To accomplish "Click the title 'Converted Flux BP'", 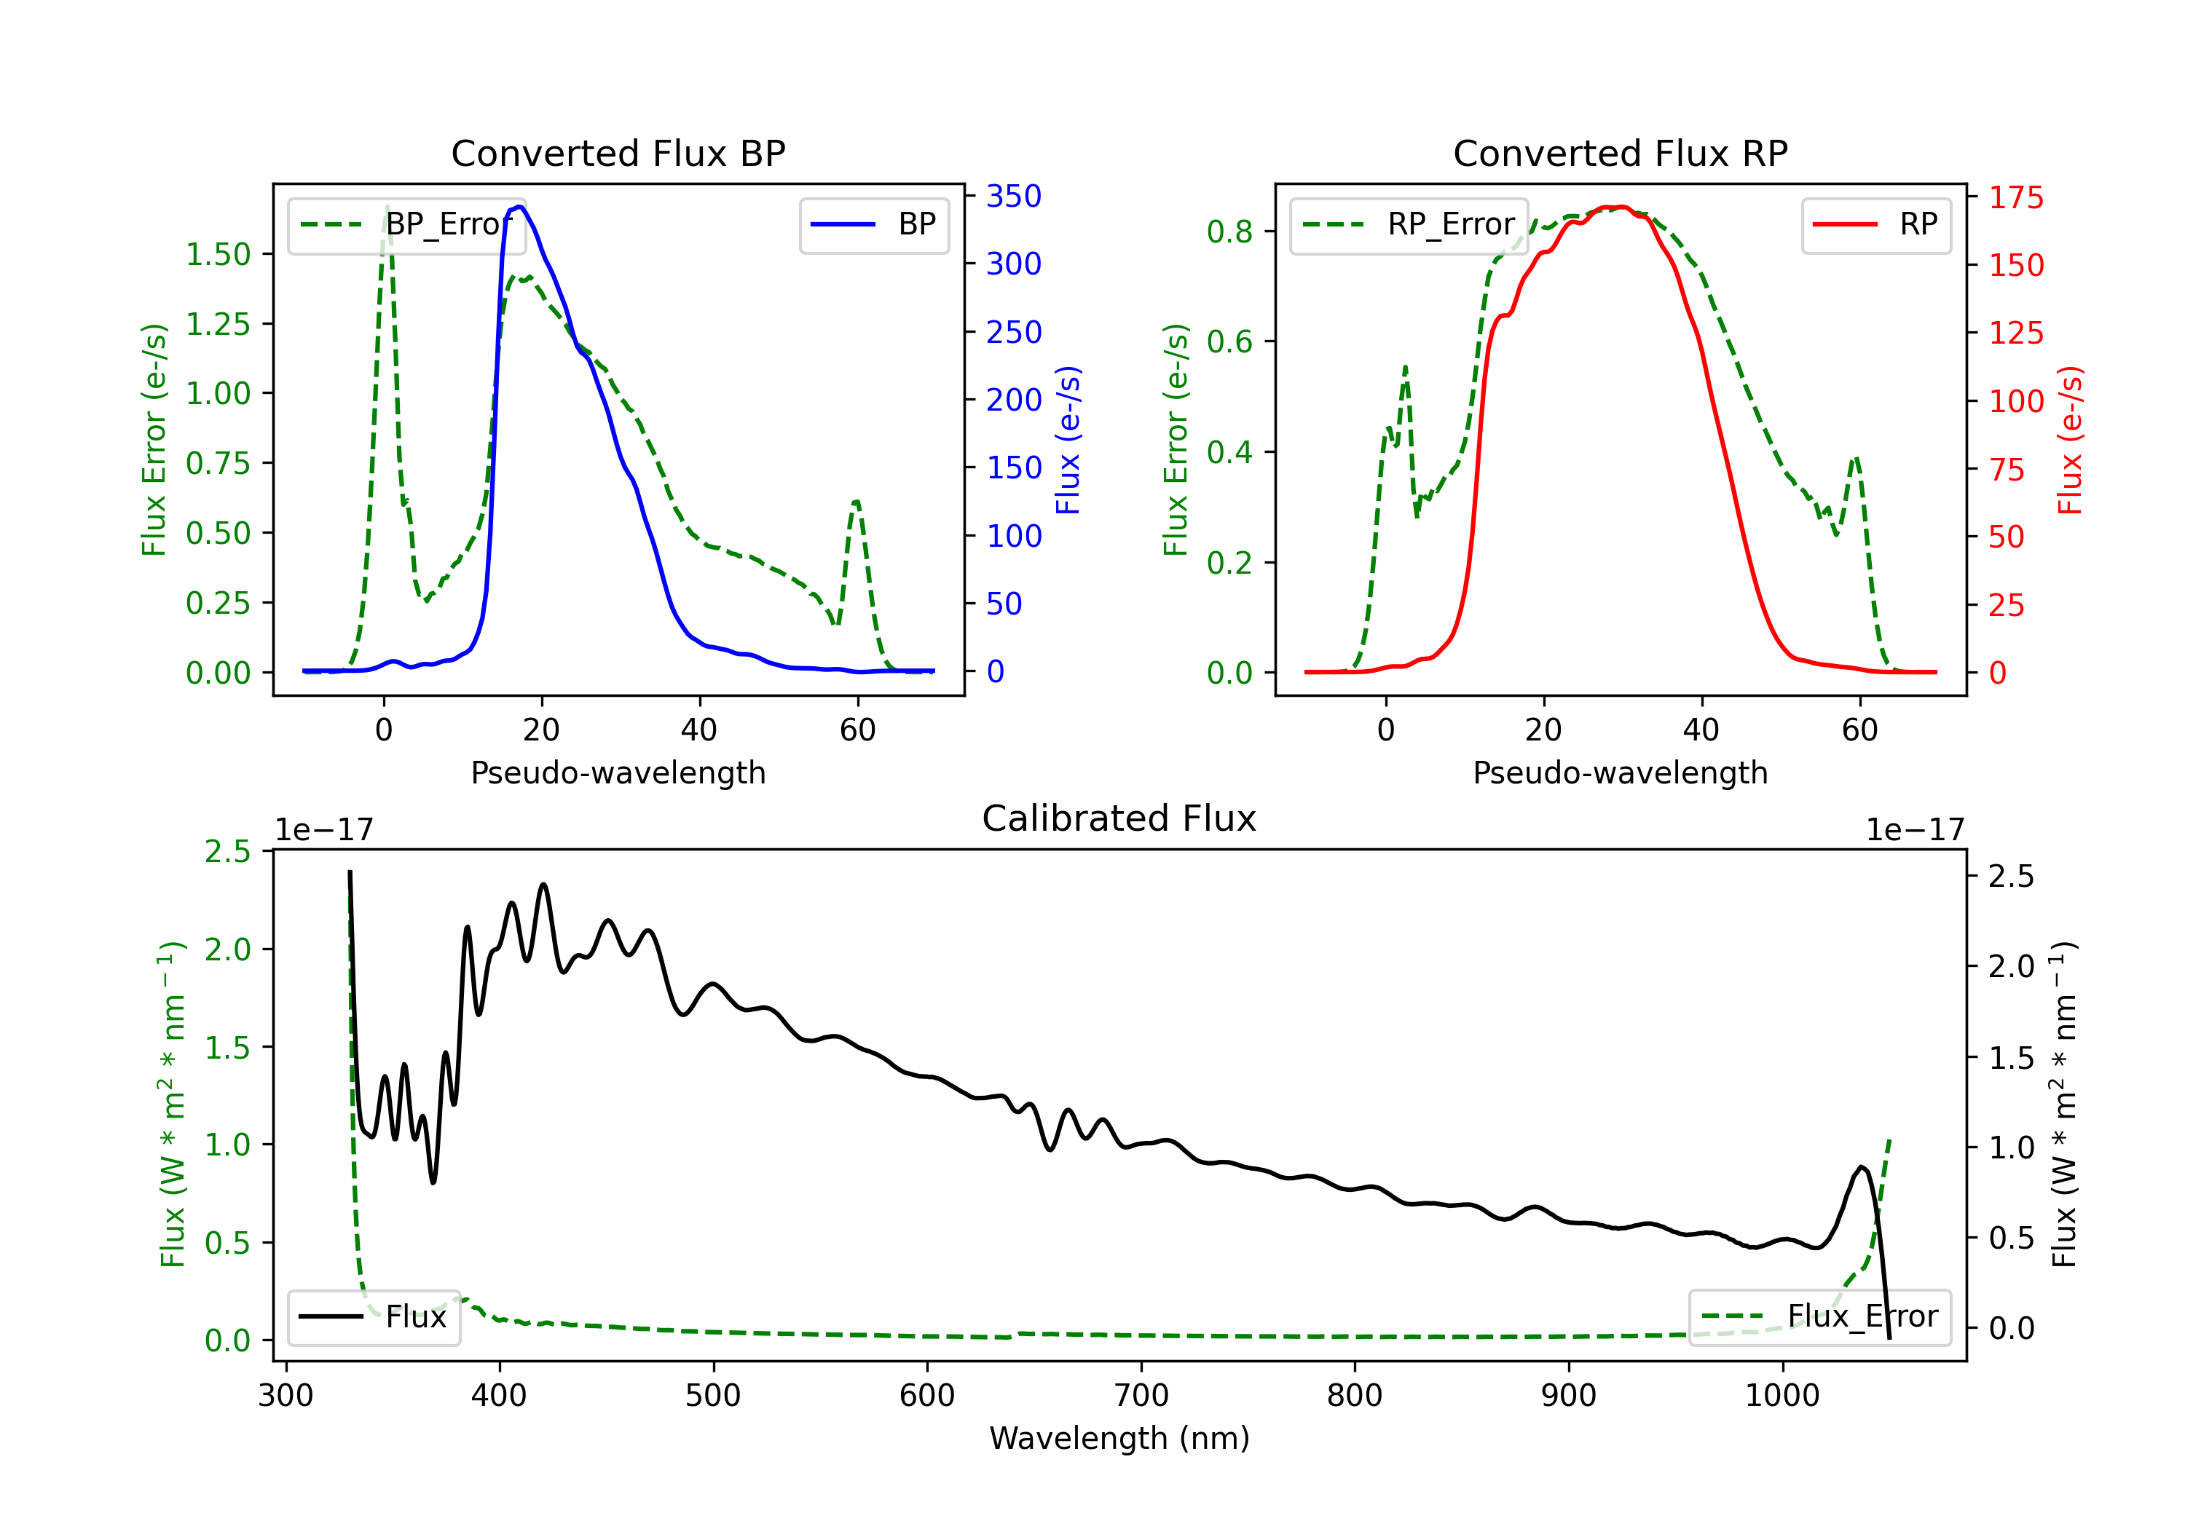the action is pyautogui.click(x=618, y=153).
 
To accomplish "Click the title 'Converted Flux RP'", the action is pyautogui.click(x=1621, y=153).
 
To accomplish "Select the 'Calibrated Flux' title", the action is pyautogui.click(x=1119, y=818).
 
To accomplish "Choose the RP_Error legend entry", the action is pyautogui.click(x=1409, y=224).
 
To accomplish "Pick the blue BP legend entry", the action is pyautogui.click(x=873, y=224).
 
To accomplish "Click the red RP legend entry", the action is pyautogui.click(x=1875, y=224).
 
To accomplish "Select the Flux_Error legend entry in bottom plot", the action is pyautogui.click(x=1819, y=1317).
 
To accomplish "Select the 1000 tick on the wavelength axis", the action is pyautogui.click(x=1782, y=1396).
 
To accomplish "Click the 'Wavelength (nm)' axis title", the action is pyautogui.click(x=1119, y=1439).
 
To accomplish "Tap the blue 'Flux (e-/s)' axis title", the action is pyautogui.click(x=1068, y=440).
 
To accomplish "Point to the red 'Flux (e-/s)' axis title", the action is pyautogui.click(x=2071, y=440).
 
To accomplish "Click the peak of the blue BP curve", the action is pyautogui.click(x=519, y=207).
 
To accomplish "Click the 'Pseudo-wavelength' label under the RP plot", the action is pyautogui.click(x=1621, y=773).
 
